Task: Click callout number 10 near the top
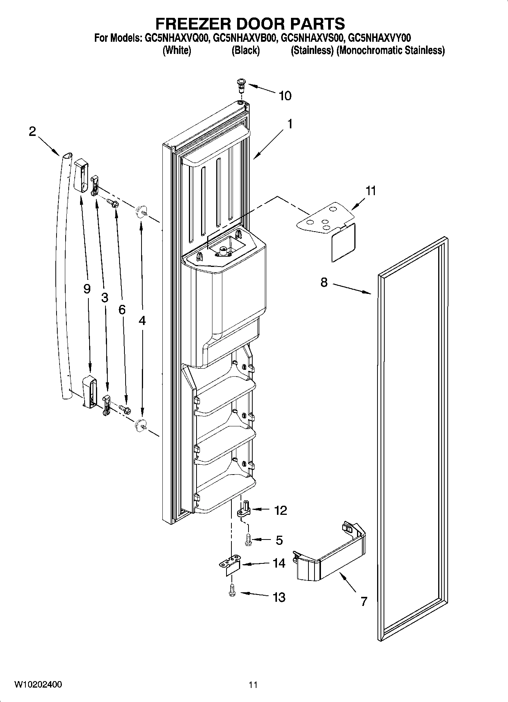[x=285, y=96]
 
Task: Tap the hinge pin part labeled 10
[x=241, y=84]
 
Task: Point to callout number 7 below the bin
[x=363, y=601]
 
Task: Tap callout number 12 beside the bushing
[x=280, y=510]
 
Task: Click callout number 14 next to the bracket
[x=279, y=563]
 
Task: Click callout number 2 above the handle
[x=32, y=132]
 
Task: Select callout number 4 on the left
[x=142, y=321]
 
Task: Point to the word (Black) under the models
[x=245, y=50]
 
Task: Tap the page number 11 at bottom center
[x=253, y=685]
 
